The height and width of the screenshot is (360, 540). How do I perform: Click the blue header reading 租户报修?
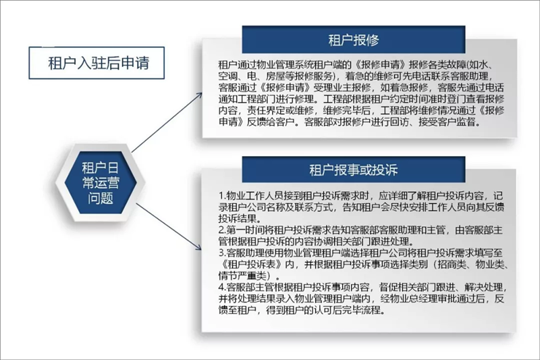(353, 40)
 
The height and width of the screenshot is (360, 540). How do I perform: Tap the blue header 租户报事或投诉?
(353, 170)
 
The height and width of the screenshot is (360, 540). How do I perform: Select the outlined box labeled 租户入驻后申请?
(97, 63)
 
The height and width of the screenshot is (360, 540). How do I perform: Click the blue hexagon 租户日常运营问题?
(100, 182)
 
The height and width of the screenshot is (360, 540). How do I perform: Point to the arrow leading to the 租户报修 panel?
(167, 122)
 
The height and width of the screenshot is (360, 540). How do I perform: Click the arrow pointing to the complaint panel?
(169, 226)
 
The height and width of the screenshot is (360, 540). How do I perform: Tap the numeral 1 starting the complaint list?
(221, 196)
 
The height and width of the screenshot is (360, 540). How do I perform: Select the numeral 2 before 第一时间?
(221, 230)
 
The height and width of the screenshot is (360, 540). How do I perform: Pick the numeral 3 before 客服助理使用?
(221, 253)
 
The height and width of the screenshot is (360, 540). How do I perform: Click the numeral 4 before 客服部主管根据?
(221, 287)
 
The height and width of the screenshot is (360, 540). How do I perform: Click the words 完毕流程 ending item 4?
(365, 310)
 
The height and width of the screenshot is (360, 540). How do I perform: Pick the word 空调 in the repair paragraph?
(228, 76)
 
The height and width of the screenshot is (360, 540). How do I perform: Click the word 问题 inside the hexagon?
(100, 198)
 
